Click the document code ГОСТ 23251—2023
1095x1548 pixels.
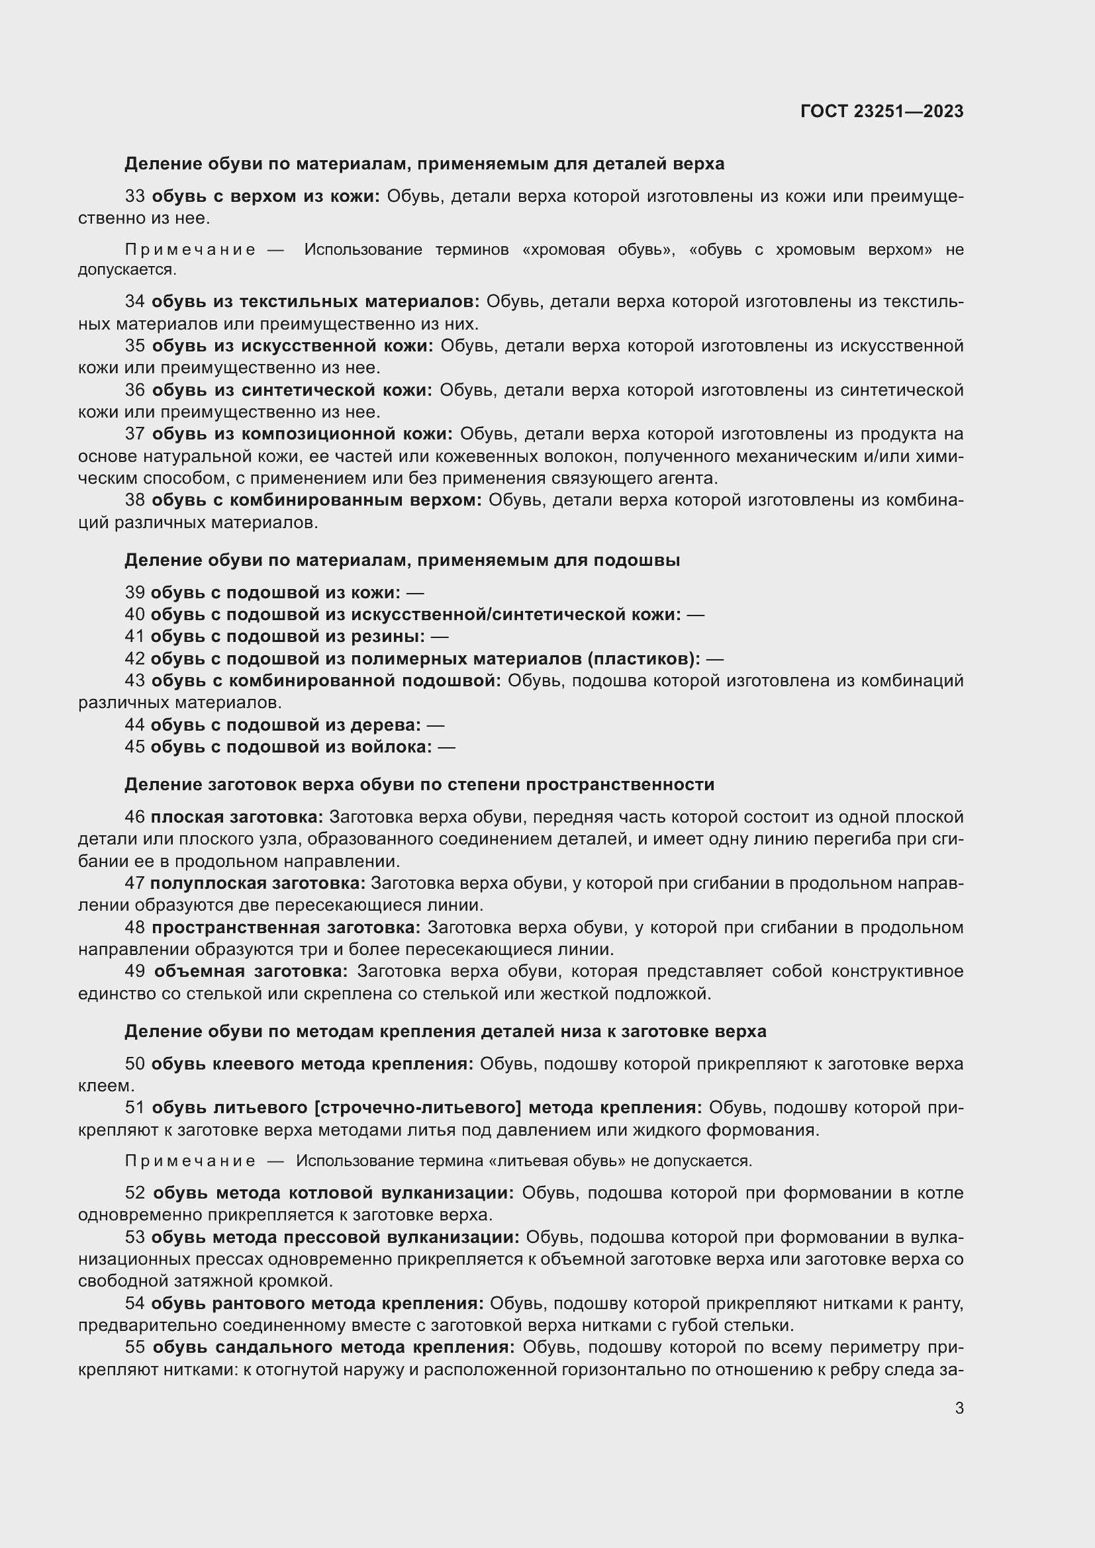click(x=881, y=111)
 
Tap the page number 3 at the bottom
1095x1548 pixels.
click(x=959, y=1408)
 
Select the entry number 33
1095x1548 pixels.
click(x=135, y=196)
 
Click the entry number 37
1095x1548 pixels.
click(x=135, y=433)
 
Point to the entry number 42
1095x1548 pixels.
click(x=135, y=658)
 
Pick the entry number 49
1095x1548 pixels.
click(x=135, y=971)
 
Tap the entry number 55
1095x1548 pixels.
click(x=135, y=1347)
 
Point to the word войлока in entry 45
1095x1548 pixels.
click(x=395, y=747)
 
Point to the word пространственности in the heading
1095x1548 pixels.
click(x=620, y=784)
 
